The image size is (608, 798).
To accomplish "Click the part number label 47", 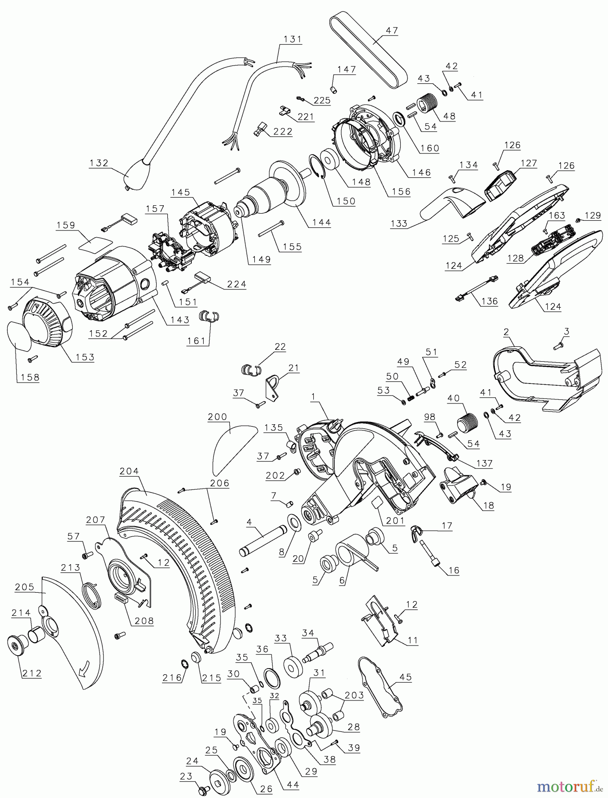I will (391, 31).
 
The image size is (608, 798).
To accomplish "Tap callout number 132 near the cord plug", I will (99, 163).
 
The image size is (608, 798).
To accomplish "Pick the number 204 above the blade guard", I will (129, 471).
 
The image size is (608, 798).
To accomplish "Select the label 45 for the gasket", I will (405, 677).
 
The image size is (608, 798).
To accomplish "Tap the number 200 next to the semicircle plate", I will (217, 417).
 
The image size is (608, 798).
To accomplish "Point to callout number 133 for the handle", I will (399, 223).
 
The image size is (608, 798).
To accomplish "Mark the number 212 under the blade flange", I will (32, 673).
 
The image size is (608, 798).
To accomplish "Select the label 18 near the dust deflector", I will (488, 505).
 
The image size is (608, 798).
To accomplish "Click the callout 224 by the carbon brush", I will (236, 284).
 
